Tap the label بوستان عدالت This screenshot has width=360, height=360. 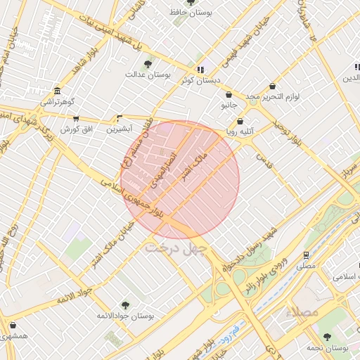click(148, 74)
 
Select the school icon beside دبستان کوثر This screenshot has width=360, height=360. click(200, 70)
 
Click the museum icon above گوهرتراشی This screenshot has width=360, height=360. click(57, 91)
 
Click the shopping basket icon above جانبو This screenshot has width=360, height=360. click(229, 95)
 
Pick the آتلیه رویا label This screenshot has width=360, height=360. click(238, 131)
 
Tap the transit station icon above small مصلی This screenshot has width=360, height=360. click(306, 255)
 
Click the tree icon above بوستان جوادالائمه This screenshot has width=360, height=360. click(125, 305)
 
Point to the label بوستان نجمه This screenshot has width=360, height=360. click(328, 348)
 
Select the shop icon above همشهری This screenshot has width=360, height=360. click(14, 325)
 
